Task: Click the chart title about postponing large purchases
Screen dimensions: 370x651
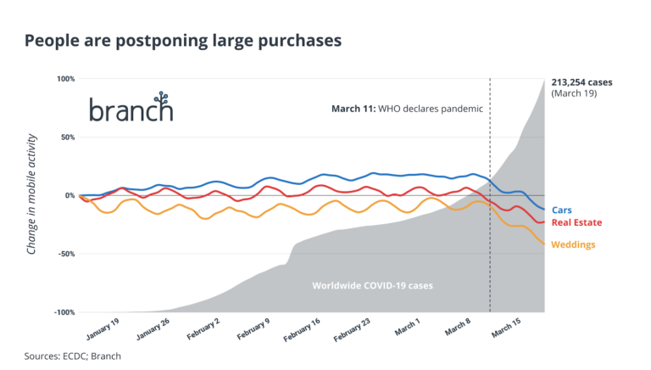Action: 183,40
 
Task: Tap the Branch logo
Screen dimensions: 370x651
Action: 131,107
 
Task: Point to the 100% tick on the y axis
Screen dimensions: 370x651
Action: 66,79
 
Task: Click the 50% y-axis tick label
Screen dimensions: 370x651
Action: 67,137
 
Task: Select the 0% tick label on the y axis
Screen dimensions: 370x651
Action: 70,195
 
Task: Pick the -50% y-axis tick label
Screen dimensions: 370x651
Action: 66,254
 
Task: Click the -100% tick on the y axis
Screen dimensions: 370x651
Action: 64,312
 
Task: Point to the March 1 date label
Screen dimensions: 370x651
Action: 406,329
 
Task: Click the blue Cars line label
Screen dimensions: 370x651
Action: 561,210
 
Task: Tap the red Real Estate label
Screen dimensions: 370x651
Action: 576,222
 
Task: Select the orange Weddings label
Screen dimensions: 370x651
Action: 573,245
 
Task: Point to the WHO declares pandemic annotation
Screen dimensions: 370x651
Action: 406,109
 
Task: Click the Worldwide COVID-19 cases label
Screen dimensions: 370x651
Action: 373,286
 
